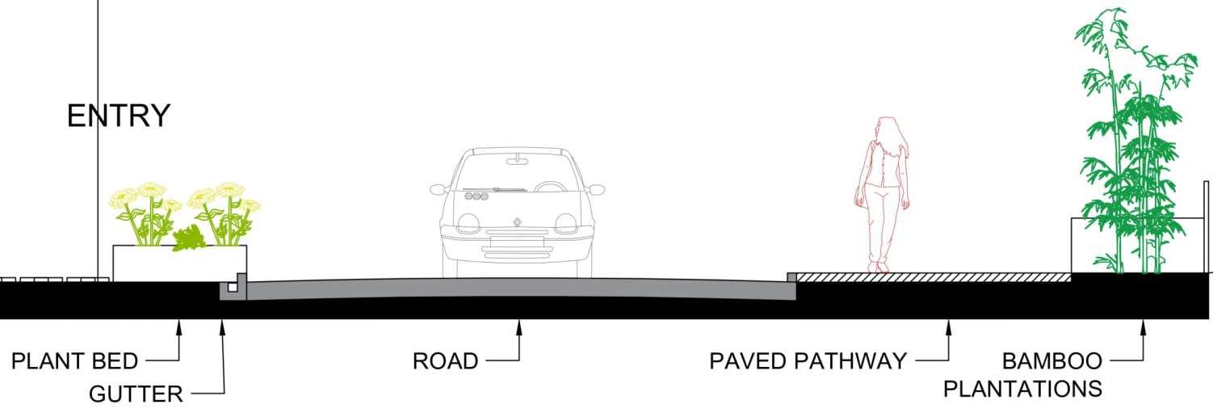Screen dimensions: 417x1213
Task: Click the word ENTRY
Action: tap(119, 116)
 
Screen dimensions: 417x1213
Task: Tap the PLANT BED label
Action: tap(75, 360)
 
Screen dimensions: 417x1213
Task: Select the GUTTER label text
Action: tap(136, 394)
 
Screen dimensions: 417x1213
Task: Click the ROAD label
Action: tap(445, 360)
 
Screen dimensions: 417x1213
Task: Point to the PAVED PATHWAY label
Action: tap(808, 360)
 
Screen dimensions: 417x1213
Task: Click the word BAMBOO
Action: tap(1051, 360)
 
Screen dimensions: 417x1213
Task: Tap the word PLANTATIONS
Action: tap(1022, 389)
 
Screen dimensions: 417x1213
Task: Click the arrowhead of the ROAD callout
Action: tap(519, 325)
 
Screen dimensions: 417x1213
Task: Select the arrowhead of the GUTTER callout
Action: tap(222, 325)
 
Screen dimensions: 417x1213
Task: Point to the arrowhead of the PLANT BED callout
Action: tap(180, 325)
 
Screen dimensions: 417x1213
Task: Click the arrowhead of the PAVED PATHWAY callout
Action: tap(949, 325)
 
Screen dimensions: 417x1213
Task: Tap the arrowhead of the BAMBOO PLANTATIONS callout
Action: tap(1143, 325)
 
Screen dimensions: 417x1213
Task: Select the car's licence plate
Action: tap(517, 238)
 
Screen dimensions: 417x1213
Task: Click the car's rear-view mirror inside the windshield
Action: tap(516, 161)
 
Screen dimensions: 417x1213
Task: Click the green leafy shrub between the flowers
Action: tap(190, 237)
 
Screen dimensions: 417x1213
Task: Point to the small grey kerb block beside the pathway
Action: tap(792, 277)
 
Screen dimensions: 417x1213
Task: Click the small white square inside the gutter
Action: tap(232, 286)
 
